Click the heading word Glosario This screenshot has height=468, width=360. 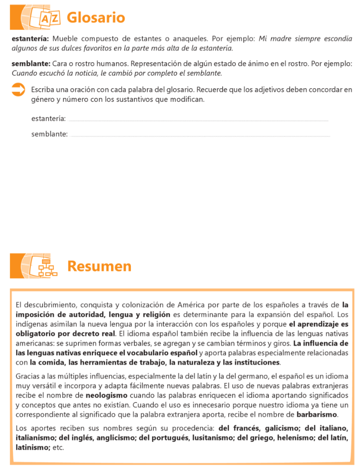(x=96, y=18)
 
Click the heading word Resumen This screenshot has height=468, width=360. (x=99, y=266)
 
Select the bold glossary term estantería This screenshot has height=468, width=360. (x=30, y=39)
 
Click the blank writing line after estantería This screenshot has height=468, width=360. (x=199, y=120)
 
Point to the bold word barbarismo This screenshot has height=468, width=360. (x=317, y=415)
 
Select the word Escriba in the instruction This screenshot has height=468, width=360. (x=43, y=89)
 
